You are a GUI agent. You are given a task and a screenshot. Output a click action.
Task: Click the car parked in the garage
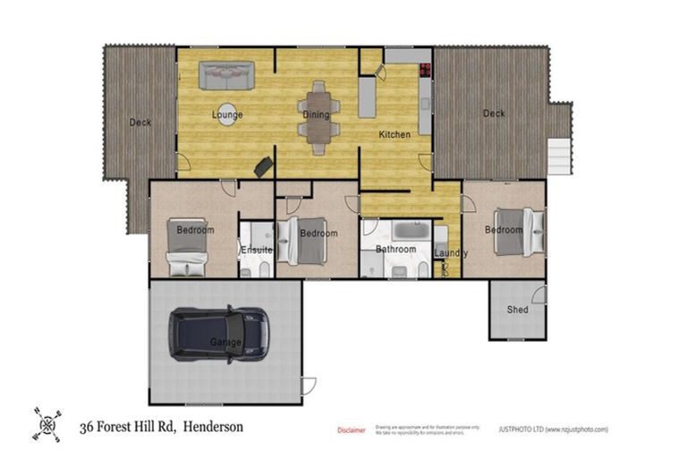[x=222, y=335]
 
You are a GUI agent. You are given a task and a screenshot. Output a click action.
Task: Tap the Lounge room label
[x=227, y=115]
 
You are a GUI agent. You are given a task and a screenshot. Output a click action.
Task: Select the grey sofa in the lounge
[x=226, y=75]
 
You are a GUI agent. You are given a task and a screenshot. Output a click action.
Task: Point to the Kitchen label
[x=394, y=135]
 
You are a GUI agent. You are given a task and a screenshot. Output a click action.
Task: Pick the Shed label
[x=517, y=310]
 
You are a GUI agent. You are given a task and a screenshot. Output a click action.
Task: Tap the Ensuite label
[x=256, y=250]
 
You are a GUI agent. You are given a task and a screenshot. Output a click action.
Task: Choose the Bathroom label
[x=395, y=250]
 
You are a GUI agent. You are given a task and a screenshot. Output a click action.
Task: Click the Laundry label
[x=451, y=253]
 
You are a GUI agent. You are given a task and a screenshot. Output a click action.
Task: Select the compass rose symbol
[x=47, y=424]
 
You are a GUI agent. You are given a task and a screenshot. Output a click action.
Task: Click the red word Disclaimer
[x=351, y=430]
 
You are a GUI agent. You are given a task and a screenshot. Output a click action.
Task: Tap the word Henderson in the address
[x=213, y=428]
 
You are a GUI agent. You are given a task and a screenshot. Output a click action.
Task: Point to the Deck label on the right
[x=494, y=114]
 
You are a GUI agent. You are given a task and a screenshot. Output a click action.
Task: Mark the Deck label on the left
[x=140, y=123]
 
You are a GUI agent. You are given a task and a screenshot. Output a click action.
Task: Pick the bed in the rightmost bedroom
[x=516, y=230]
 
